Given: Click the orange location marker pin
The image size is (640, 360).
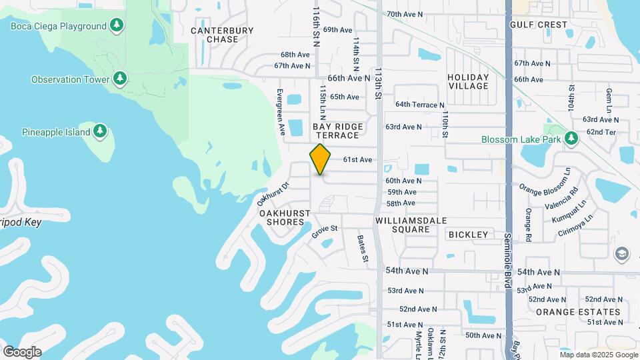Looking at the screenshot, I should click(321, 159).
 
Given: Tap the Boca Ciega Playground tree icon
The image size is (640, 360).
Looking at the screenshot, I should click(117, 26).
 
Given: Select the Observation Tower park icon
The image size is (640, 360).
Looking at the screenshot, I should click(120, 79).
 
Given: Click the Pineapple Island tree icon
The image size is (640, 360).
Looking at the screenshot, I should click(100, 132).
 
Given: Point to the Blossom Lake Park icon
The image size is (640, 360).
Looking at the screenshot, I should click(571, 139).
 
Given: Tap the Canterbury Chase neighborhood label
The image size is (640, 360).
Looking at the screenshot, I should click(222, 35).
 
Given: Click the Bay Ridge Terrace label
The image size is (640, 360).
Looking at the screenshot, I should click(337, 131).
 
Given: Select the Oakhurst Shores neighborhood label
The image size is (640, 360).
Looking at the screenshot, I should click(285, 217).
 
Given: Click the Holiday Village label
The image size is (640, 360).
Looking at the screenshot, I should click(468, 81).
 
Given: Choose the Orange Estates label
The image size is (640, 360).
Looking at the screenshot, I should click(578, 311).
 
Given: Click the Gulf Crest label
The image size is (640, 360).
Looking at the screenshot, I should click(538, 25).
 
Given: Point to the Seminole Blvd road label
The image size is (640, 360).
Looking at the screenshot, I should click(507, 254).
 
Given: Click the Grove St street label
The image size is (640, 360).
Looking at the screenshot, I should click(325, 232).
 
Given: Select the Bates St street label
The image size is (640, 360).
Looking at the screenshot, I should click(363, 248).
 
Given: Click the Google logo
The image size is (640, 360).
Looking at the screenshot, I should click(22, 351).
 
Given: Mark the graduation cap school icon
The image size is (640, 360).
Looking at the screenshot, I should click(622, 253).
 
